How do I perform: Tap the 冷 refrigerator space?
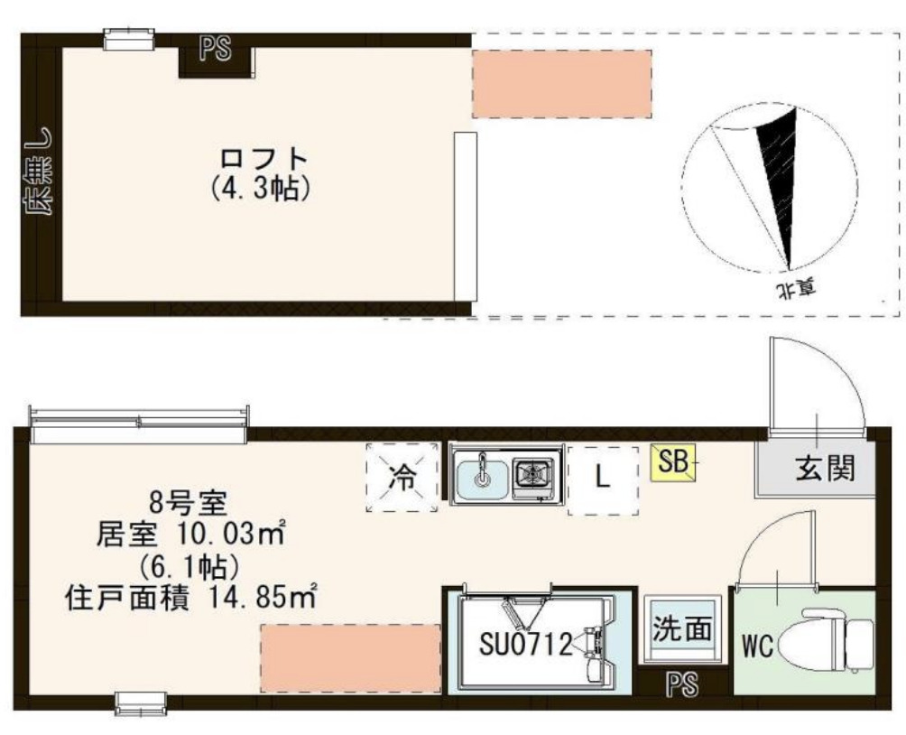click(398, 479)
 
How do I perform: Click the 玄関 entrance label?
click(823, 468)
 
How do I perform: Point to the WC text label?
click(756, 647)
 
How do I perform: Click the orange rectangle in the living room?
click(350, 657)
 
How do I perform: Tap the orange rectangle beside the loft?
click(561, 83)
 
